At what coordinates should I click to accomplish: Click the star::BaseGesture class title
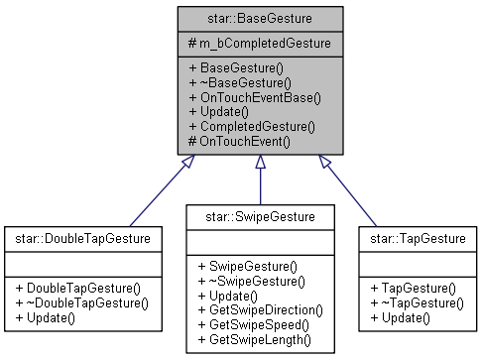pyautogui.click(x=261, y=17)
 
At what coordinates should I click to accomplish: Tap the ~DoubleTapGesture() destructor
pyautogui.click(x=87, y=300)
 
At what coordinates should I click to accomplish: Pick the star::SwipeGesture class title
pyautogui.click(x=261, y=215)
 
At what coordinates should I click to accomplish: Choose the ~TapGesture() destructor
pyautogui.click(x=417, y=300)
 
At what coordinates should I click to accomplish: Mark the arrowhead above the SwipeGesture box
pyautogui.click(x=261, y=162)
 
